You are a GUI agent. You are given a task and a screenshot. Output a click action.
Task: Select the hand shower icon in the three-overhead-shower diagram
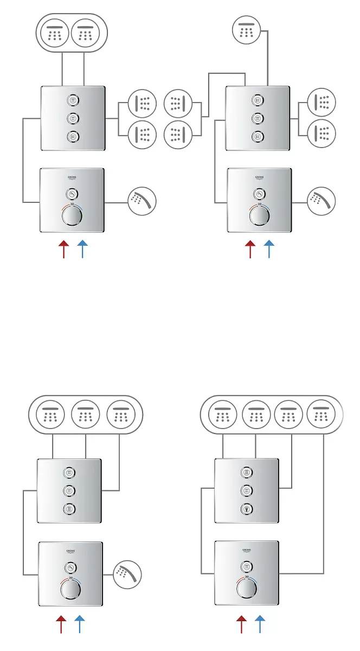127,574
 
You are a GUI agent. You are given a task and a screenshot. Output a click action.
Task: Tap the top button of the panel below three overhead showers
69,473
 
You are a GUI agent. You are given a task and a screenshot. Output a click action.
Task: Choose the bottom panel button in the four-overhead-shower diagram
247,509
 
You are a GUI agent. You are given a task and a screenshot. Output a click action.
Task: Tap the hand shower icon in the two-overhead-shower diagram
143,202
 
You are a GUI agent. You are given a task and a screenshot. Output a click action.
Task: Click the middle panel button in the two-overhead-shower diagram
72,118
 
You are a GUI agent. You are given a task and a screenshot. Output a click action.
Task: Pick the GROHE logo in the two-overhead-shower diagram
72,177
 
